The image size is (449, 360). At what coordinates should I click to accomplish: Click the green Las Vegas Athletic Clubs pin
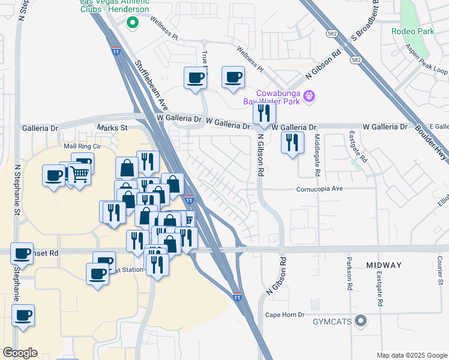coord(132,23)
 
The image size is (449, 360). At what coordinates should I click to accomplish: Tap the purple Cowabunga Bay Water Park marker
coord(309,95)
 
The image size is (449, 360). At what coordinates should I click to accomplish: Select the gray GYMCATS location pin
coord(360,321)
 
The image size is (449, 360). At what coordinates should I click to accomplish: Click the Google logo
coord(20,352)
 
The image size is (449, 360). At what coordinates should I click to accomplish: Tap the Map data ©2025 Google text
coord(411,355)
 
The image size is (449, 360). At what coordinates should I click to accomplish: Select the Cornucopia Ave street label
coord(327,188)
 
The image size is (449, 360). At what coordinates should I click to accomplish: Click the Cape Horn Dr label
coord(286,314)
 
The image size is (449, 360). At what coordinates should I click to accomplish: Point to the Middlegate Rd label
coord(317,155)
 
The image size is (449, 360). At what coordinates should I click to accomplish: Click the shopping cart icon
coord(79,174)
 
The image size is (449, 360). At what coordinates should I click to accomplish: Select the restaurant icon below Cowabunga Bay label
coord(264,113)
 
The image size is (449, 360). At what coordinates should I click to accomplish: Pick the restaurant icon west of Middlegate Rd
coord(292,142)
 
